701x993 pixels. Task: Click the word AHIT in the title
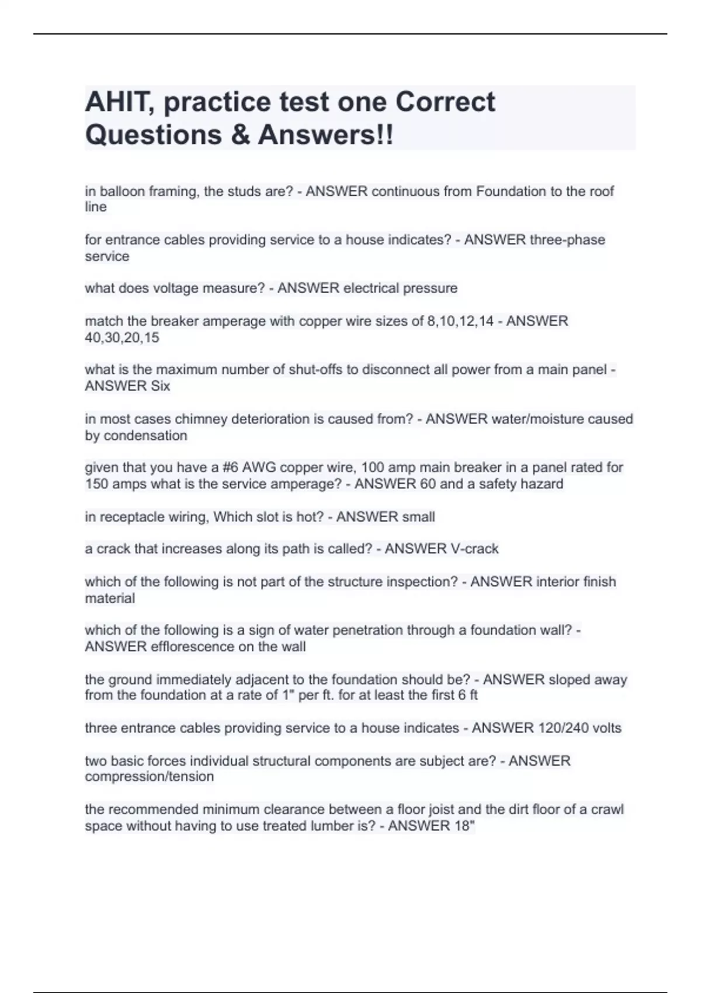click(119, 102)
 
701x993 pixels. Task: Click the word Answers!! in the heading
click(326, 135)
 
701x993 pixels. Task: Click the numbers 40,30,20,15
click(122, 338)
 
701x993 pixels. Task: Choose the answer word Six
click(160, 386)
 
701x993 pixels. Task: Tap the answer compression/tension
click(149, 777)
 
